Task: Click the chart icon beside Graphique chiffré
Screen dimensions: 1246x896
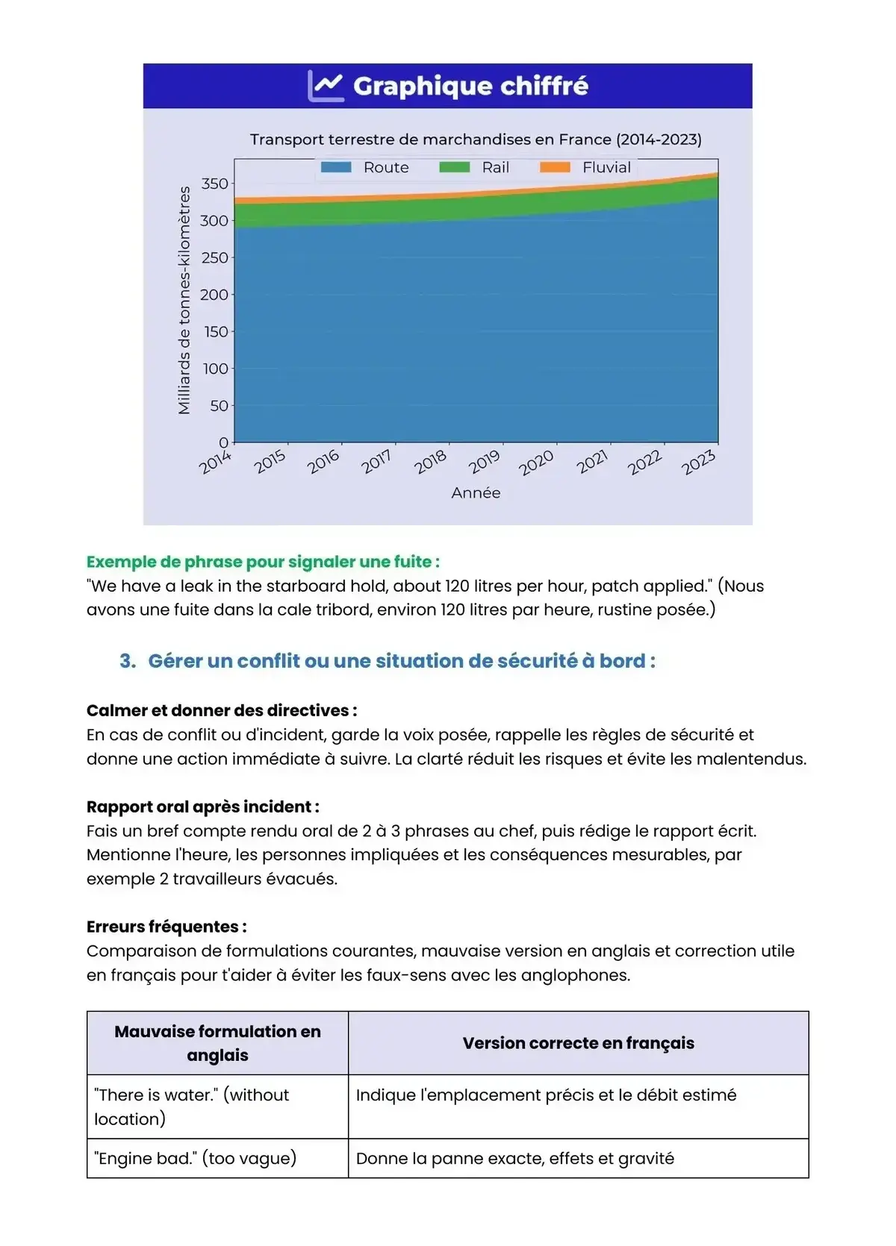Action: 326,86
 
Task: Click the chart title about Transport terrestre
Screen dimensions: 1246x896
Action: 476,140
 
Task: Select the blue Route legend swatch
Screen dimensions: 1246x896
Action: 336,167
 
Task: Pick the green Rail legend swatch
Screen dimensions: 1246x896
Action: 454,167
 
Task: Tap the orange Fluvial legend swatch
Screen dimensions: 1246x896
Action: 555,167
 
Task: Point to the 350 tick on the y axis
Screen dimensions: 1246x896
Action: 215,184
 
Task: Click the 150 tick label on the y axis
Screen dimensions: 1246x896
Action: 216,331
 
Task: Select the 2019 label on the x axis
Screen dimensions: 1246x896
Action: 484,463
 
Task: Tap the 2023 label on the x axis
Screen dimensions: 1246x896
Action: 698,463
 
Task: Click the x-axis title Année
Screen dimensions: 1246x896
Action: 476,492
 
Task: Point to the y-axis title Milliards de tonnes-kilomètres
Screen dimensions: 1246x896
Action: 184,300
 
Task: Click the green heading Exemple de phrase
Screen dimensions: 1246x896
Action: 263,562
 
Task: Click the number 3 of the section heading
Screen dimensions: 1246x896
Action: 127,661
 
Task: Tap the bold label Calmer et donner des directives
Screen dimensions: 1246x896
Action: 222,710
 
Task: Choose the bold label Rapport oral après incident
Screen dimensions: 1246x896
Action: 203,807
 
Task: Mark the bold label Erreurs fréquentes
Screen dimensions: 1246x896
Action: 167,927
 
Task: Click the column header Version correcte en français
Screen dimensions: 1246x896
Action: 578,1043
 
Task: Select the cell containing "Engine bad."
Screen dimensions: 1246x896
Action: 196,1158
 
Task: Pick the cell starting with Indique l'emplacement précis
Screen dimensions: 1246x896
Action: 546,1095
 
